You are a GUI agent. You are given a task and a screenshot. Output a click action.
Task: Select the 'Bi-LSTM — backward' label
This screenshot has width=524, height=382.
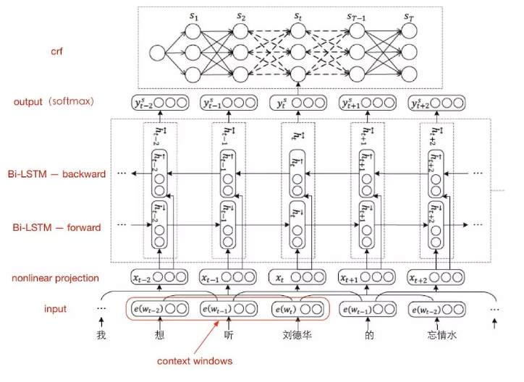coord(59,174)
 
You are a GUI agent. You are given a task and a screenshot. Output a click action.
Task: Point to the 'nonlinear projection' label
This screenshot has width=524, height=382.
coord(55,278)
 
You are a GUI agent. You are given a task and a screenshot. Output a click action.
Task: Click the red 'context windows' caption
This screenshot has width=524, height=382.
coord(195,360)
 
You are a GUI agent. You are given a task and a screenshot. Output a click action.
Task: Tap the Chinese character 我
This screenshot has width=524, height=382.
coord(101,336)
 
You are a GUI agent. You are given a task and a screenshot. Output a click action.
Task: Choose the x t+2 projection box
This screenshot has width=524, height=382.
coord(436,277)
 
